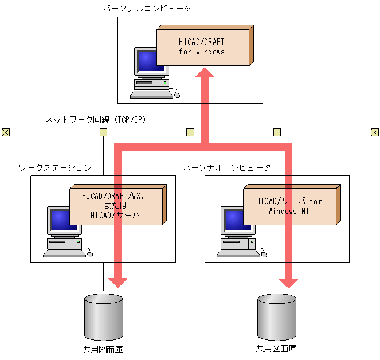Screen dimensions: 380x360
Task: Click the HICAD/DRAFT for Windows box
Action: (205, 45)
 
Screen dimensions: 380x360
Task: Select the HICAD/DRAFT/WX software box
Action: (118, 205)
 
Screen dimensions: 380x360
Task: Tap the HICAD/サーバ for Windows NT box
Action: (292, 205)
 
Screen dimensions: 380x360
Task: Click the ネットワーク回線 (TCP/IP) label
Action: (96, 119)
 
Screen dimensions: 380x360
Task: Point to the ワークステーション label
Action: (55, 167)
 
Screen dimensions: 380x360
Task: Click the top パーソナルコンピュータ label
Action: (147, 9)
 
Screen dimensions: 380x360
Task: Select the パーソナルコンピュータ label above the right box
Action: (227, 167)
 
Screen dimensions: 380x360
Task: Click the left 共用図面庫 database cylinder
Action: (104, 317)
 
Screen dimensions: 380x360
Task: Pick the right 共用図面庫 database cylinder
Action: (277, 317)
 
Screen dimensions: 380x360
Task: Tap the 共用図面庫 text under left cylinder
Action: (103, 349)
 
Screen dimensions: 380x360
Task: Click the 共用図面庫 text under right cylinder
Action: (276, 349)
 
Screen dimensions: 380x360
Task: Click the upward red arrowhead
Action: (205, 72)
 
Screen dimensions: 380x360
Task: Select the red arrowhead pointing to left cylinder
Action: (117, 283)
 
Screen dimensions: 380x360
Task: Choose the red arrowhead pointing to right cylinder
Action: (289, 283)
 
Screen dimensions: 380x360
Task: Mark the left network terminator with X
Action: (6, 132)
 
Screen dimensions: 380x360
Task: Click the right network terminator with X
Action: (375, 132)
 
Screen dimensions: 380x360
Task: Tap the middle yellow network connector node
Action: (190, 132)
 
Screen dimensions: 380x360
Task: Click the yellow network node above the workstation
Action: (104, 132)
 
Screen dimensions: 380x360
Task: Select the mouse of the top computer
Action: (177, 95)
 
